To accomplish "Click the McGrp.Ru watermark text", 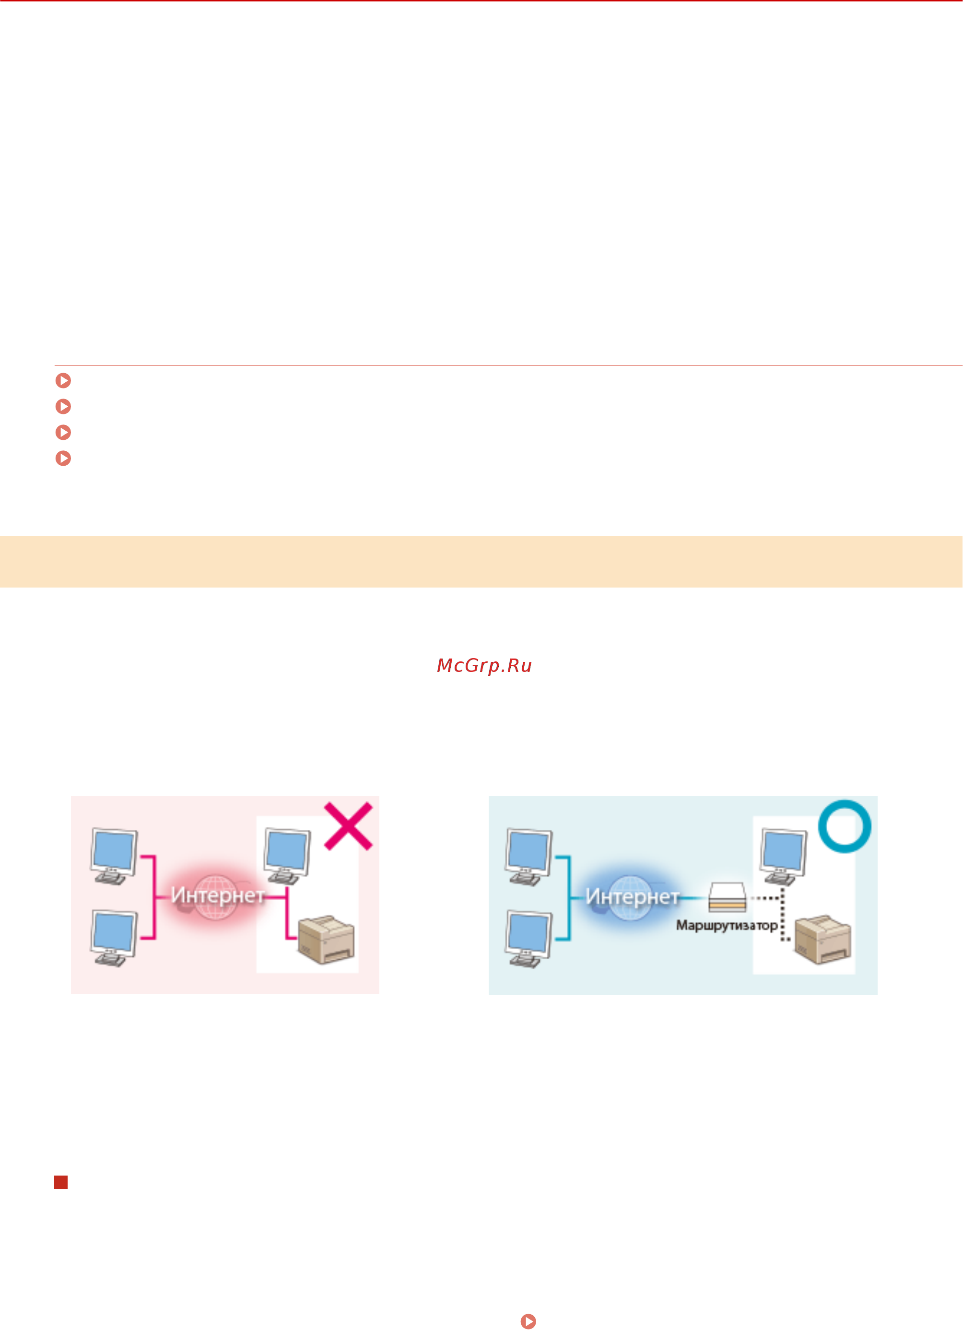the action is pos(484,666).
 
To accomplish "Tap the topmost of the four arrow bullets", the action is pos(63,381).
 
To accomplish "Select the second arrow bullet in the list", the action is pos(63,406).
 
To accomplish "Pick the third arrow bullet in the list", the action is pos(63,432).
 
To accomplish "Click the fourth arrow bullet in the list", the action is pos(63,458).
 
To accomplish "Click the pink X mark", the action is pos(348,826).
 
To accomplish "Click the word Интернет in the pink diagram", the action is pos(218,895).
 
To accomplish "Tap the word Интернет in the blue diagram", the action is pos(632,896).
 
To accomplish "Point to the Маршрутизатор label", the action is pos(727,925).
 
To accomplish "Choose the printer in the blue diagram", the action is pos(823,940).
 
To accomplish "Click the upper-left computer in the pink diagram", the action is pos(114,857).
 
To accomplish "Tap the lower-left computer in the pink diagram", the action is pos(114,939).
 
